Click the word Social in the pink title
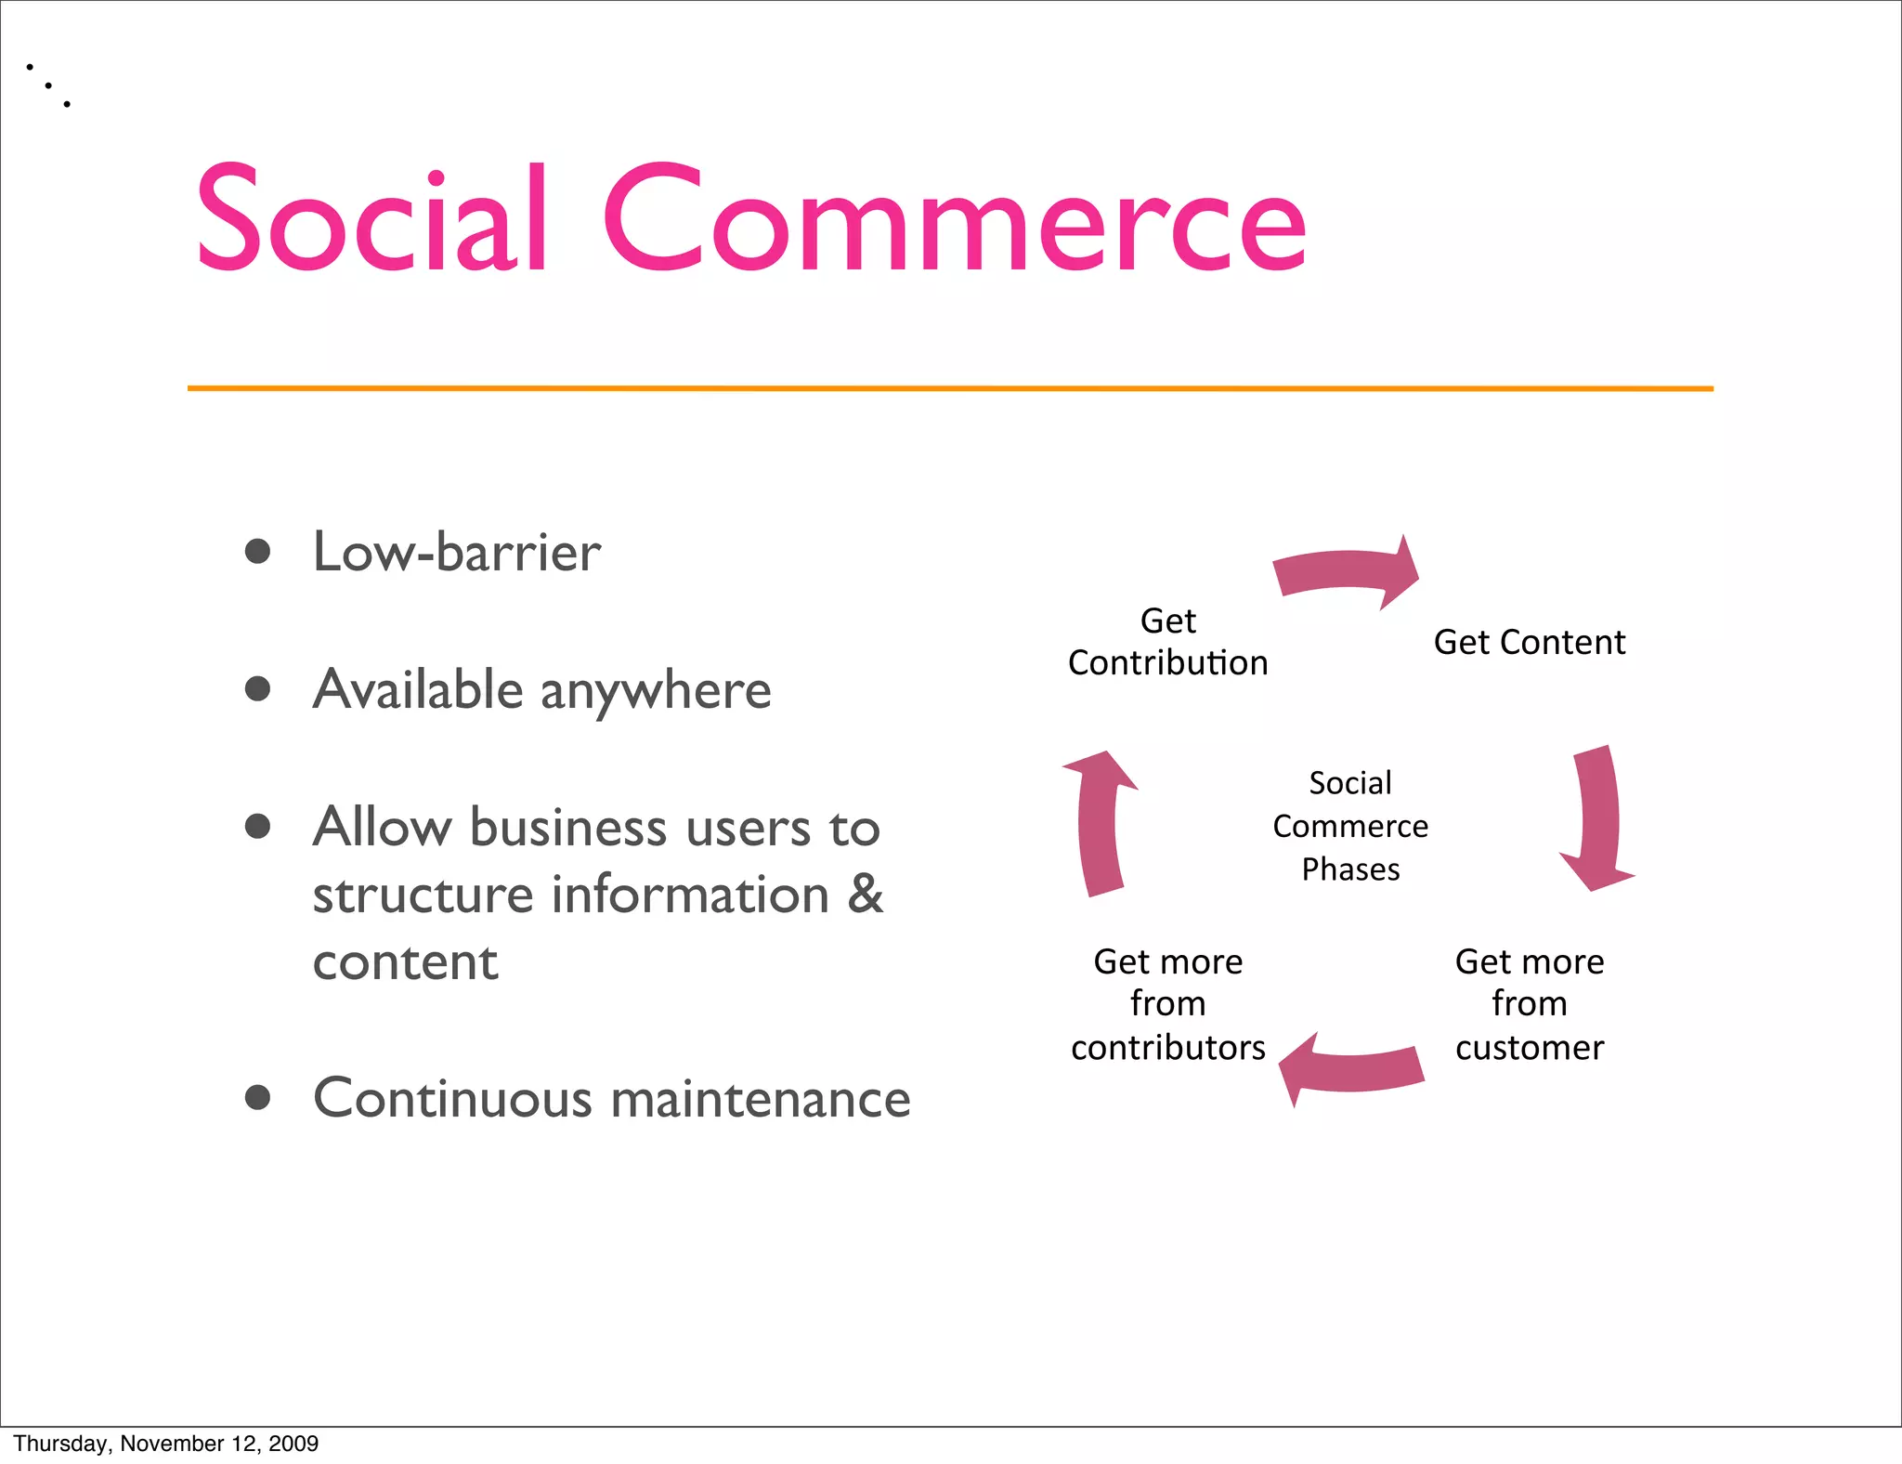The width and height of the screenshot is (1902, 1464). click(371, 219)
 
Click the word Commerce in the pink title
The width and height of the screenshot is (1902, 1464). click(955, 219)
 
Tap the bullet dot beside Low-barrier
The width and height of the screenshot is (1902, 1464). click(257, 552)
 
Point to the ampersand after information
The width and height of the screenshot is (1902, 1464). click(865, 894)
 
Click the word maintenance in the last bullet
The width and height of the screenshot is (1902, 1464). click(761, 1098)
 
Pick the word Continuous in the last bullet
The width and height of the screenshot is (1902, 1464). click(452, 1098)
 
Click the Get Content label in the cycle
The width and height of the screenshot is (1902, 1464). click(1529, 642)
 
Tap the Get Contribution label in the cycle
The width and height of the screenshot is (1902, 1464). click(1167, 642)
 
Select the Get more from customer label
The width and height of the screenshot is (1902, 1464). click(1529, 1004)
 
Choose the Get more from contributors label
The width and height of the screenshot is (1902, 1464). click(1167, 1004)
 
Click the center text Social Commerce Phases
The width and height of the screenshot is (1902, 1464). click(1350, 826)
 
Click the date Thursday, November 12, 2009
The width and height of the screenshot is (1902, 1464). click(165, 1444)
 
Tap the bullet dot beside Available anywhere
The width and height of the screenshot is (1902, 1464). click(257, 689)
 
